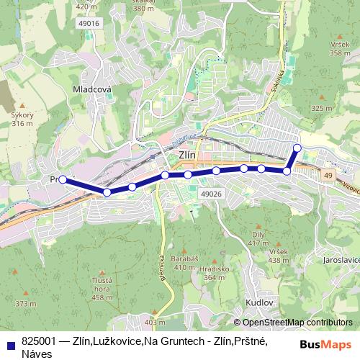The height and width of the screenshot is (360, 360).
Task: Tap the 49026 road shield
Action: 211,194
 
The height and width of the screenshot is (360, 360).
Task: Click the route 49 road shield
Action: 328,175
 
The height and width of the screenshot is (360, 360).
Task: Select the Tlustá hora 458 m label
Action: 102,289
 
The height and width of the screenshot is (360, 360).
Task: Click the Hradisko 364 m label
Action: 215,273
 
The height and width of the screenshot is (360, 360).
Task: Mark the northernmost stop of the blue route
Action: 297,148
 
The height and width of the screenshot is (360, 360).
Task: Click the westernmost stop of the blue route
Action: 63,179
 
